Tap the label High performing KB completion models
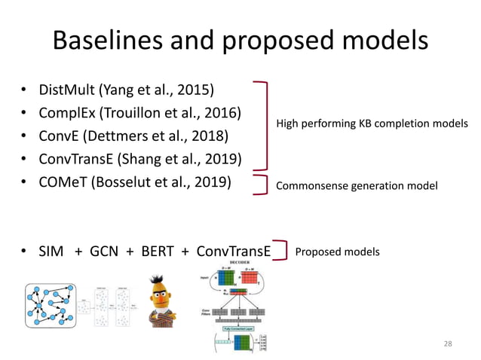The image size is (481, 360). pos(372,123)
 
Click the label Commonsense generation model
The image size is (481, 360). pos(357,185)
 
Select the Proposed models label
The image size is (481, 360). pos(337,252)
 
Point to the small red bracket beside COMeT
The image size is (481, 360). pos(263,185)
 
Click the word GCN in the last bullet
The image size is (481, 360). pos(105,252)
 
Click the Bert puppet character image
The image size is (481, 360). pos(163,301)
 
